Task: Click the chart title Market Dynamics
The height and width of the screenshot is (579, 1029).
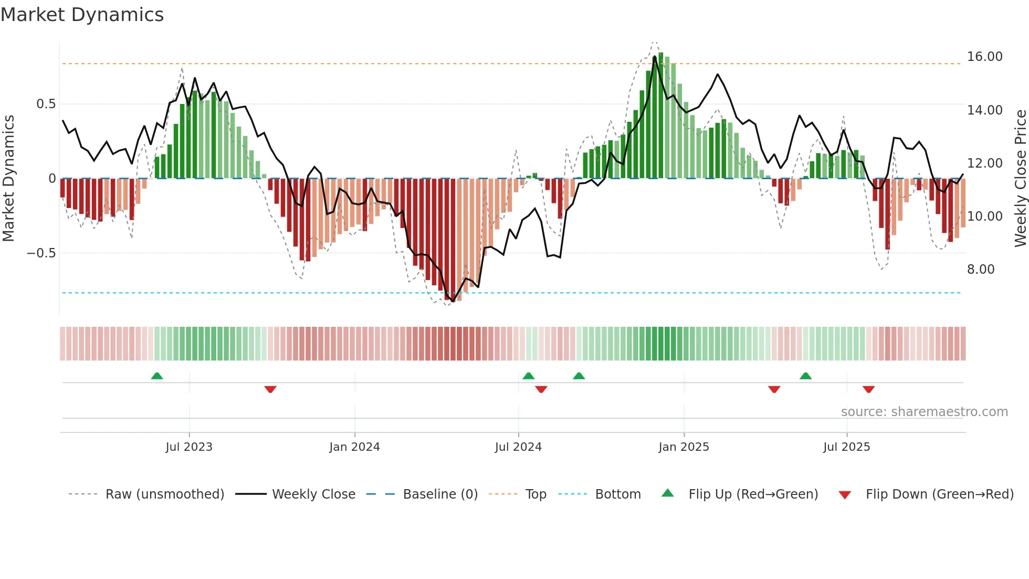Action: coord(82,15)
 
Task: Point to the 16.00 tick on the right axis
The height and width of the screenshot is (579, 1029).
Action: coord(984,57)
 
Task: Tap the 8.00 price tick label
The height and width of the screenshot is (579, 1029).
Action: coord(980,270)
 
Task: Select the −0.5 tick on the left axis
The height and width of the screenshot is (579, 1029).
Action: coord(41,253)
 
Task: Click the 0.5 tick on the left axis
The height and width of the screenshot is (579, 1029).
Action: coord(46,104)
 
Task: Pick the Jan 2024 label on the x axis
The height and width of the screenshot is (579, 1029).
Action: coord(354,447)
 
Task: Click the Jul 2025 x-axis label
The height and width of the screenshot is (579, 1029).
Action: coord(846,447)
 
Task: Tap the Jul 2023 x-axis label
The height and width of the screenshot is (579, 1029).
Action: coord(189,447)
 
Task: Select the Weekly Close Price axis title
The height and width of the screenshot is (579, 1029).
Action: coord(1020,179)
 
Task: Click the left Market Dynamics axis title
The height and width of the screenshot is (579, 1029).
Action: coord(8,179)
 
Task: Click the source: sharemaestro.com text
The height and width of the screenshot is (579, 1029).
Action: coord(924,412)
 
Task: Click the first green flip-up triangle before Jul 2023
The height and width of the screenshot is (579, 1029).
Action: coord(157,376)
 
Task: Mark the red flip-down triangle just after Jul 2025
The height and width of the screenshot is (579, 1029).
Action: coord(868,389)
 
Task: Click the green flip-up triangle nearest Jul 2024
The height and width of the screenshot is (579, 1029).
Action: coord(529,376)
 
